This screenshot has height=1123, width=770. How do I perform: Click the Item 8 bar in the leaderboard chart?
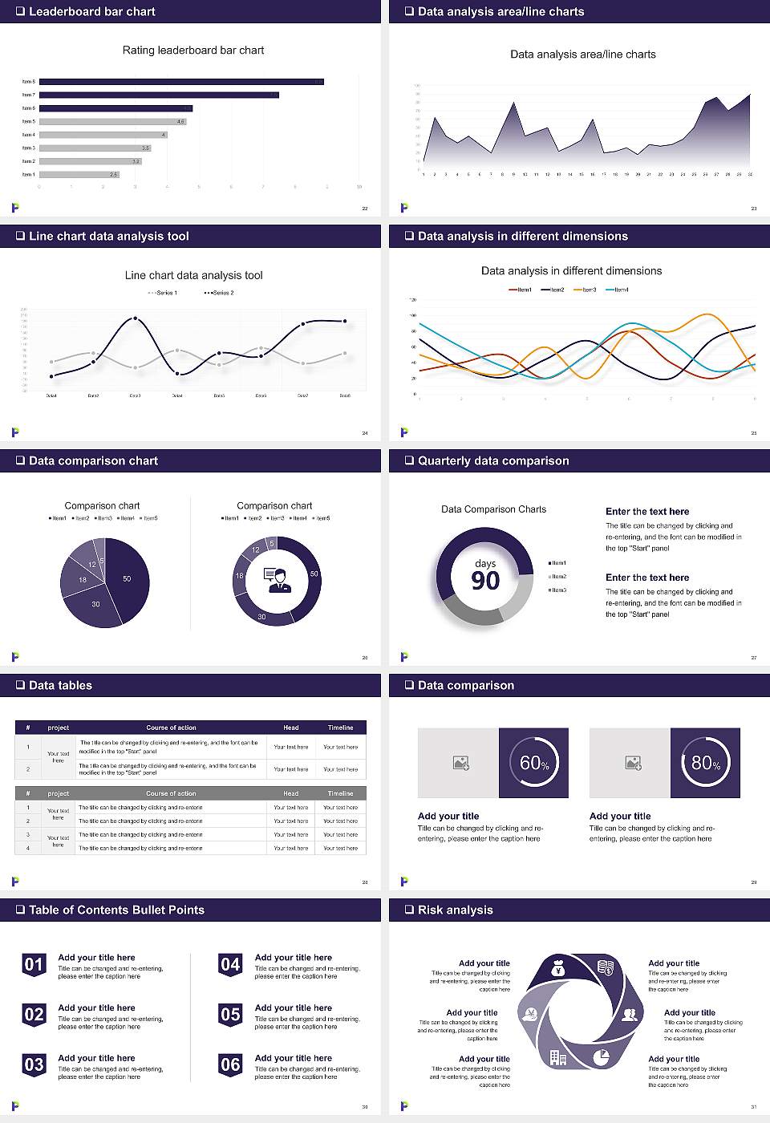point(181,82)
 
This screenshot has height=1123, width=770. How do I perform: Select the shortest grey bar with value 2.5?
point(79,174)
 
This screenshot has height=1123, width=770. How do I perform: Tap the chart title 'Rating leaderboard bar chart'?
point(192,51)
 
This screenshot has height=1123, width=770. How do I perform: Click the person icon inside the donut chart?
point(278,580)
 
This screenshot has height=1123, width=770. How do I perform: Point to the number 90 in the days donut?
point(485,581)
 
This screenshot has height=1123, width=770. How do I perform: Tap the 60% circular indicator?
point(533,763)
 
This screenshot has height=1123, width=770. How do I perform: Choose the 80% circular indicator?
point(705,763)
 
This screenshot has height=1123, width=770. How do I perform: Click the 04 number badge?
point(230,965)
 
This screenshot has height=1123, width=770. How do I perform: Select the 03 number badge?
point(34,1065)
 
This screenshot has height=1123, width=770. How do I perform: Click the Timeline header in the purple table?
point(340,728)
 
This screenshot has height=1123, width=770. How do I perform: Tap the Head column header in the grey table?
point(290,793)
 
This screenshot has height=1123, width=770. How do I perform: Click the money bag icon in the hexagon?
point(559,970)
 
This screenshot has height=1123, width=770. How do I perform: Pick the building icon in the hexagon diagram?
point(558,1058)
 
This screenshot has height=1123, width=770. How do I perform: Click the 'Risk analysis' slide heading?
point(455,910)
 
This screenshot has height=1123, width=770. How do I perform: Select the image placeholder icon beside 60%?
point(460,763)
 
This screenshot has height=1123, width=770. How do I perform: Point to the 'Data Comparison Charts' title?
point(493,509)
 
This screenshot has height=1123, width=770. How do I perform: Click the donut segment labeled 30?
point(261,617)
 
